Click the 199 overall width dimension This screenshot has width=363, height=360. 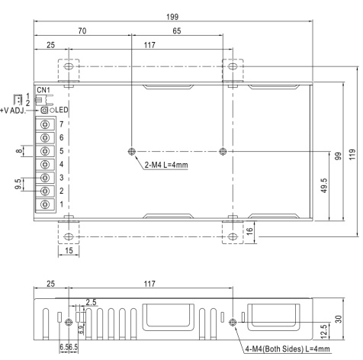pos(172,17)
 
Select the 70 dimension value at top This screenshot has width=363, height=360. pos(82,31)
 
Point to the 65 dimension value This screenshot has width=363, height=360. pos(177,31)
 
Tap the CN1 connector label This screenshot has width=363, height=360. pos(43,90)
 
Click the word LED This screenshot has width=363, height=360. pos(62,110)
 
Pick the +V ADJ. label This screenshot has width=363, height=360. pos(13,111)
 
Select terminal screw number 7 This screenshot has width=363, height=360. pos(45,124)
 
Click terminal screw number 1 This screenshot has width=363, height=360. pos(45,204)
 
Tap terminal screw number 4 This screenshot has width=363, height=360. pos(45,165)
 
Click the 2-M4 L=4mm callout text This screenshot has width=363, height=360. pos(166,165)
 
